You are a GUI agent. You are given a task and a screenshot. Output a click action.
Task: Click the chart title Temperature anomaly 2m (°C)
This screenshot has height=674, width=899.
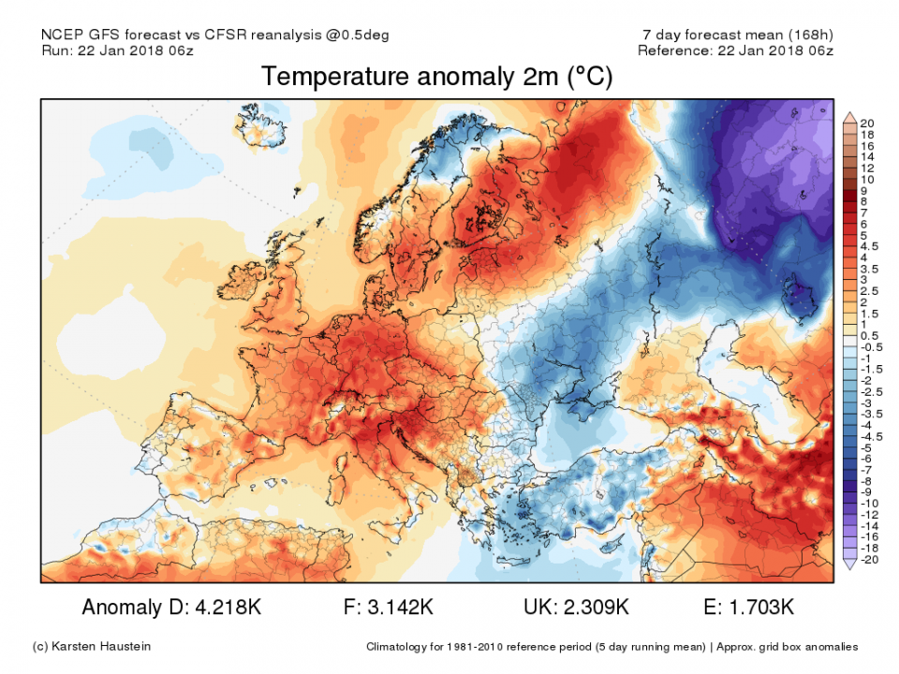tap(436, 77)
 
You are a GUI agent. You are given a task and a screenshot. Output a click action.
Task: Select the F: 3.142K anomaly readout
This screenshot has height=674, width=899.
tap(386, 608)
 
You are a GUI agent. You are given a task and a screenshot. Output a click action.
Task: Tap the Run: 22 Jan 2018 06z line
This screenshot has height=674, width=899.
tap(119, 51)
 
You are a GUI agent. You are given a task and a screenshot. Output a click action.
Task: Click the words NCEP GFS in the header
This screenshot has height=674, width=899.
tap(77, 35)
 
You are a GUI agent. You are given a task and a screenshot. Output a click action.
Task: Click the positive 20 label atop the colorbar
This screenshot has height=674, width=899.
tap(867, 123)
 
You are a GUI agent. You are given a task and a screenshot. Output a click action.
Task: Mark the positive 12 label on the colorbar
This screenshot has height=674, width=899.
tap(867, 168)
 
